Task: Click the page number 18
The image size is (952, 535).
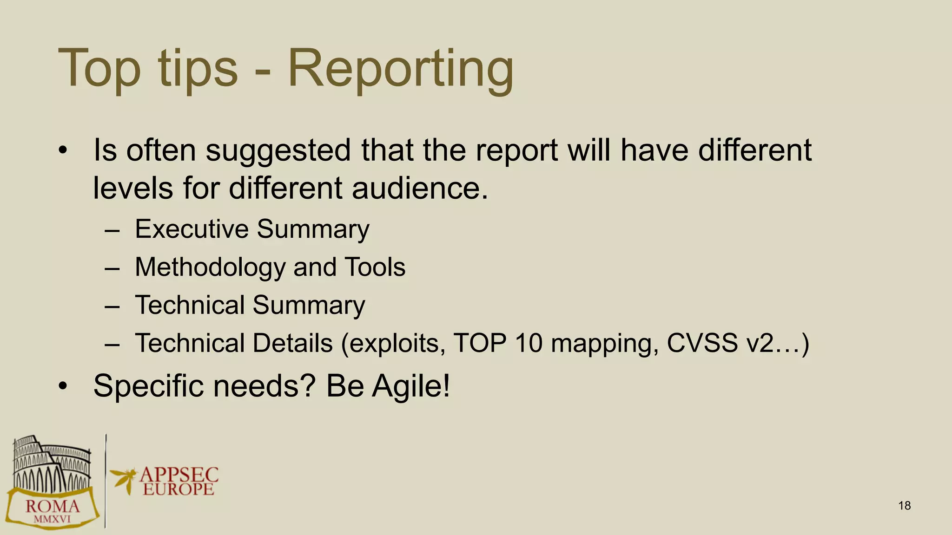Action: [904, 506]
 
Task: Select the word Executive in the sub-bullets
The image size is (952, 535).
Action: [192, 229]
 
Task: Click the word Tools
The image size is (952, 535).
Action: [375, 267]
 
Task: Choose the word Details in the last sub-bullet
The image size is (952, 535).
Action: [292, 343]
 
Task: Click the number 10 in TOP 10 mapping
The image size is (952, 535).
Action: [529, 343]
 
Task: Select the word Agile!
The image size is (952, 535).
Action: [410, 386]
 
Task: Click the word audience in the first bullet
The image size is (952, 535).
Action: [420, 189]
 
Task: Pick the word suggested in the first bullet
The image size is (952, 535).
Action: [278, 150]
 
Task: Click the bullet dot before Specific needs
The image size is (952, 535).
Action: [63, 386]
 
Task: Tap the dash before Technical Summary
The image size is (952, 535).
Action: [112, 306]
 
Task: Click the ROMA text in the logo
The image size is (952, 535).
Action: [52, 507]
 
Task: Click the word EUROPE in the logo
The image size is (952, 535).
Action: [178, 489]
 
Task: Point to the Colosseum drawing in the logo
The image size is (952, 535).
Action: [51, 464]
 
